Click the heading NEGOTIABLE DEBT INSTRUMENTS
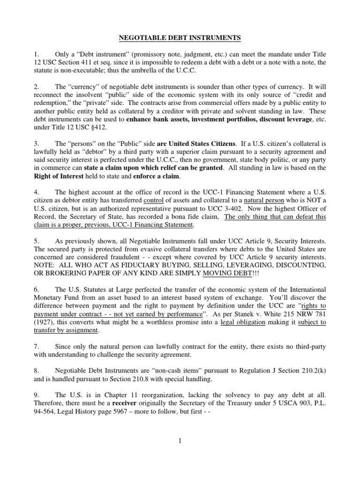180,35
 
